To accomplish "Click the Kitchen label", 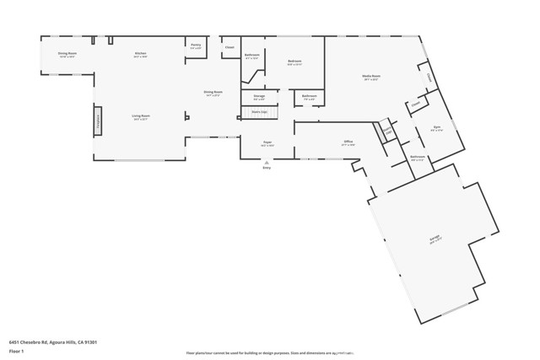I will coord(140,54).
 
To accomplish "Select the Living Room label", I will coord(140,117).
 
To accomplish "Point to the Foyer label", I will coord(267,143).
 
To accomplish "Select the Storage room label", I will coord(259,97).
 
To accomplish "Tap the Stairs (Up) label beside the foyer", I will coord(259,111).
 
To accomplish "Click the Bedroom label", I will coord(294,62).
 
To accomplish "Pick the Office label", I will coord(348,142).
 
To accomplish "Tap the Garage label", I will coord(435,238).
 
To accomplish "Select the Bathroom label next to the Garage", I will coord(418,158).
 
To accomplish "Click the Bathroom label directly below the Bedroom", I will coord(310,97).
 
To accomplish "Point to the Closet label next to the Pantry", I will coord(229,47).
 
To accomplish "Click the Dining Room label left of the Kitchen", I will coord(67,54).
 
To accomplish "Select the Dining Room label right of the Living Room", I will coord(213,93).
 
